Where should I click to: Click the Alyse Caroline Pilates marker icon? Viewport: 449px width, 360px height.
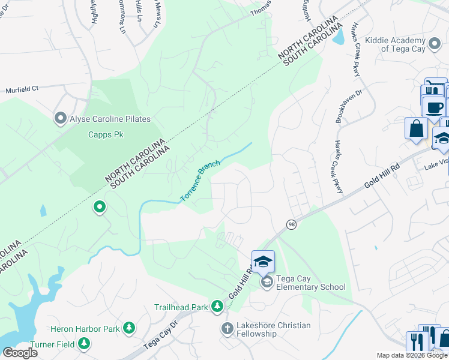tap(60, 119)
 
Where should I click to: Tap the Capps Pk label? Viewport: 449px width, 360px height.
tap(105, 135)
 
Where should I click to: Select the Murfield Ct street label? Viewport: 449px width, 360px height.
tap(22, 89)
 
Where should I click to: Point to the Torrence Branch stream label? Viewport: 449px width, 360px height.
tap(200, 181)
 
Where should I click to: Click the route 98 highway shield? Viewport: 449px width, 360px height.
tap(291, 224)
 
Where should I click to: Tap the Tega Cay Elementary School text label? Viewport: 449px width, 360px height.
tap(310, 283)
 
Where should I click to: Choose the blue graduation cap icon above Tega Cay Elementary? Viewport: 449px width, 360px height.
tap(263, 262)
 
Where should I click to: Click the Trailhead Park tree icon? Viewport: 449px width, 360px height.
tap(217, 307)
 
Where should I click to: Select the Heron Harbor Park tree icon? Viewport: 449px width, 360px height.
tap(128, 328)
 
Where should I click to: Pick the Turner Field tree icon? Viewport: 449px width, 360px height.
tap(85, 344)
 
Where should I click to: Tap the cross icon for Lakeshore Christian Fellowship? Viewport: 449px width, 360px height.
tap(227, 328)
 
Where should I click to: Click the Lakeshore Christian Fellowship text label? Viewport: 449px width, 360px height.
tap(273, 329)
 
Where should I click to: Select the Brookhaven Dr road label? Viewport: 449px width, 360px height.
tap(341, 107)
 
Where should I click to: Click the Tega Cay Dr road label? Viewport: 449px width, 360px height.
tap(161, 339)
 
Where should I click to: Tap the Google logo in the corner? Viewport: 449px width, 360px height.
tap(20, 352)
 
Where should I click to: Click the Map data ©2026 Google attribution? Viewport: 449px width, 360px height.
tap(412, 355)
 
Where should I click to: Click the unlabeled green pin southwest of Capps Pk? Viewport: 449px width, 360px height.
tap(100, 208)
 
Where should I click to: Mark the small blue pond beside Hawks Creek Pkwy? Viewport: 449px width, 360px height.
tap(338, 37)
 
